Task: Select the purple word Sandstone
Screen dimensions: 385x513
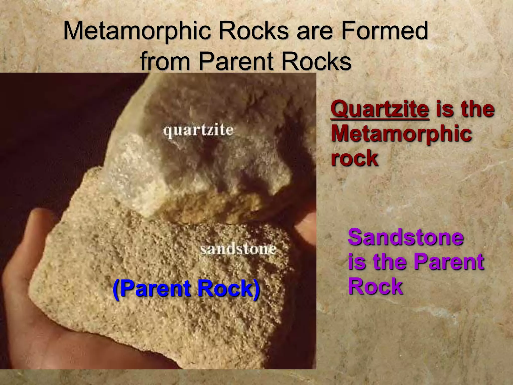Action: tap(406, 237)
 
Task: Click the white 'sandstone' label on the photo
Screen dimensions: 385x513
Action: tap(238, 250)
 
